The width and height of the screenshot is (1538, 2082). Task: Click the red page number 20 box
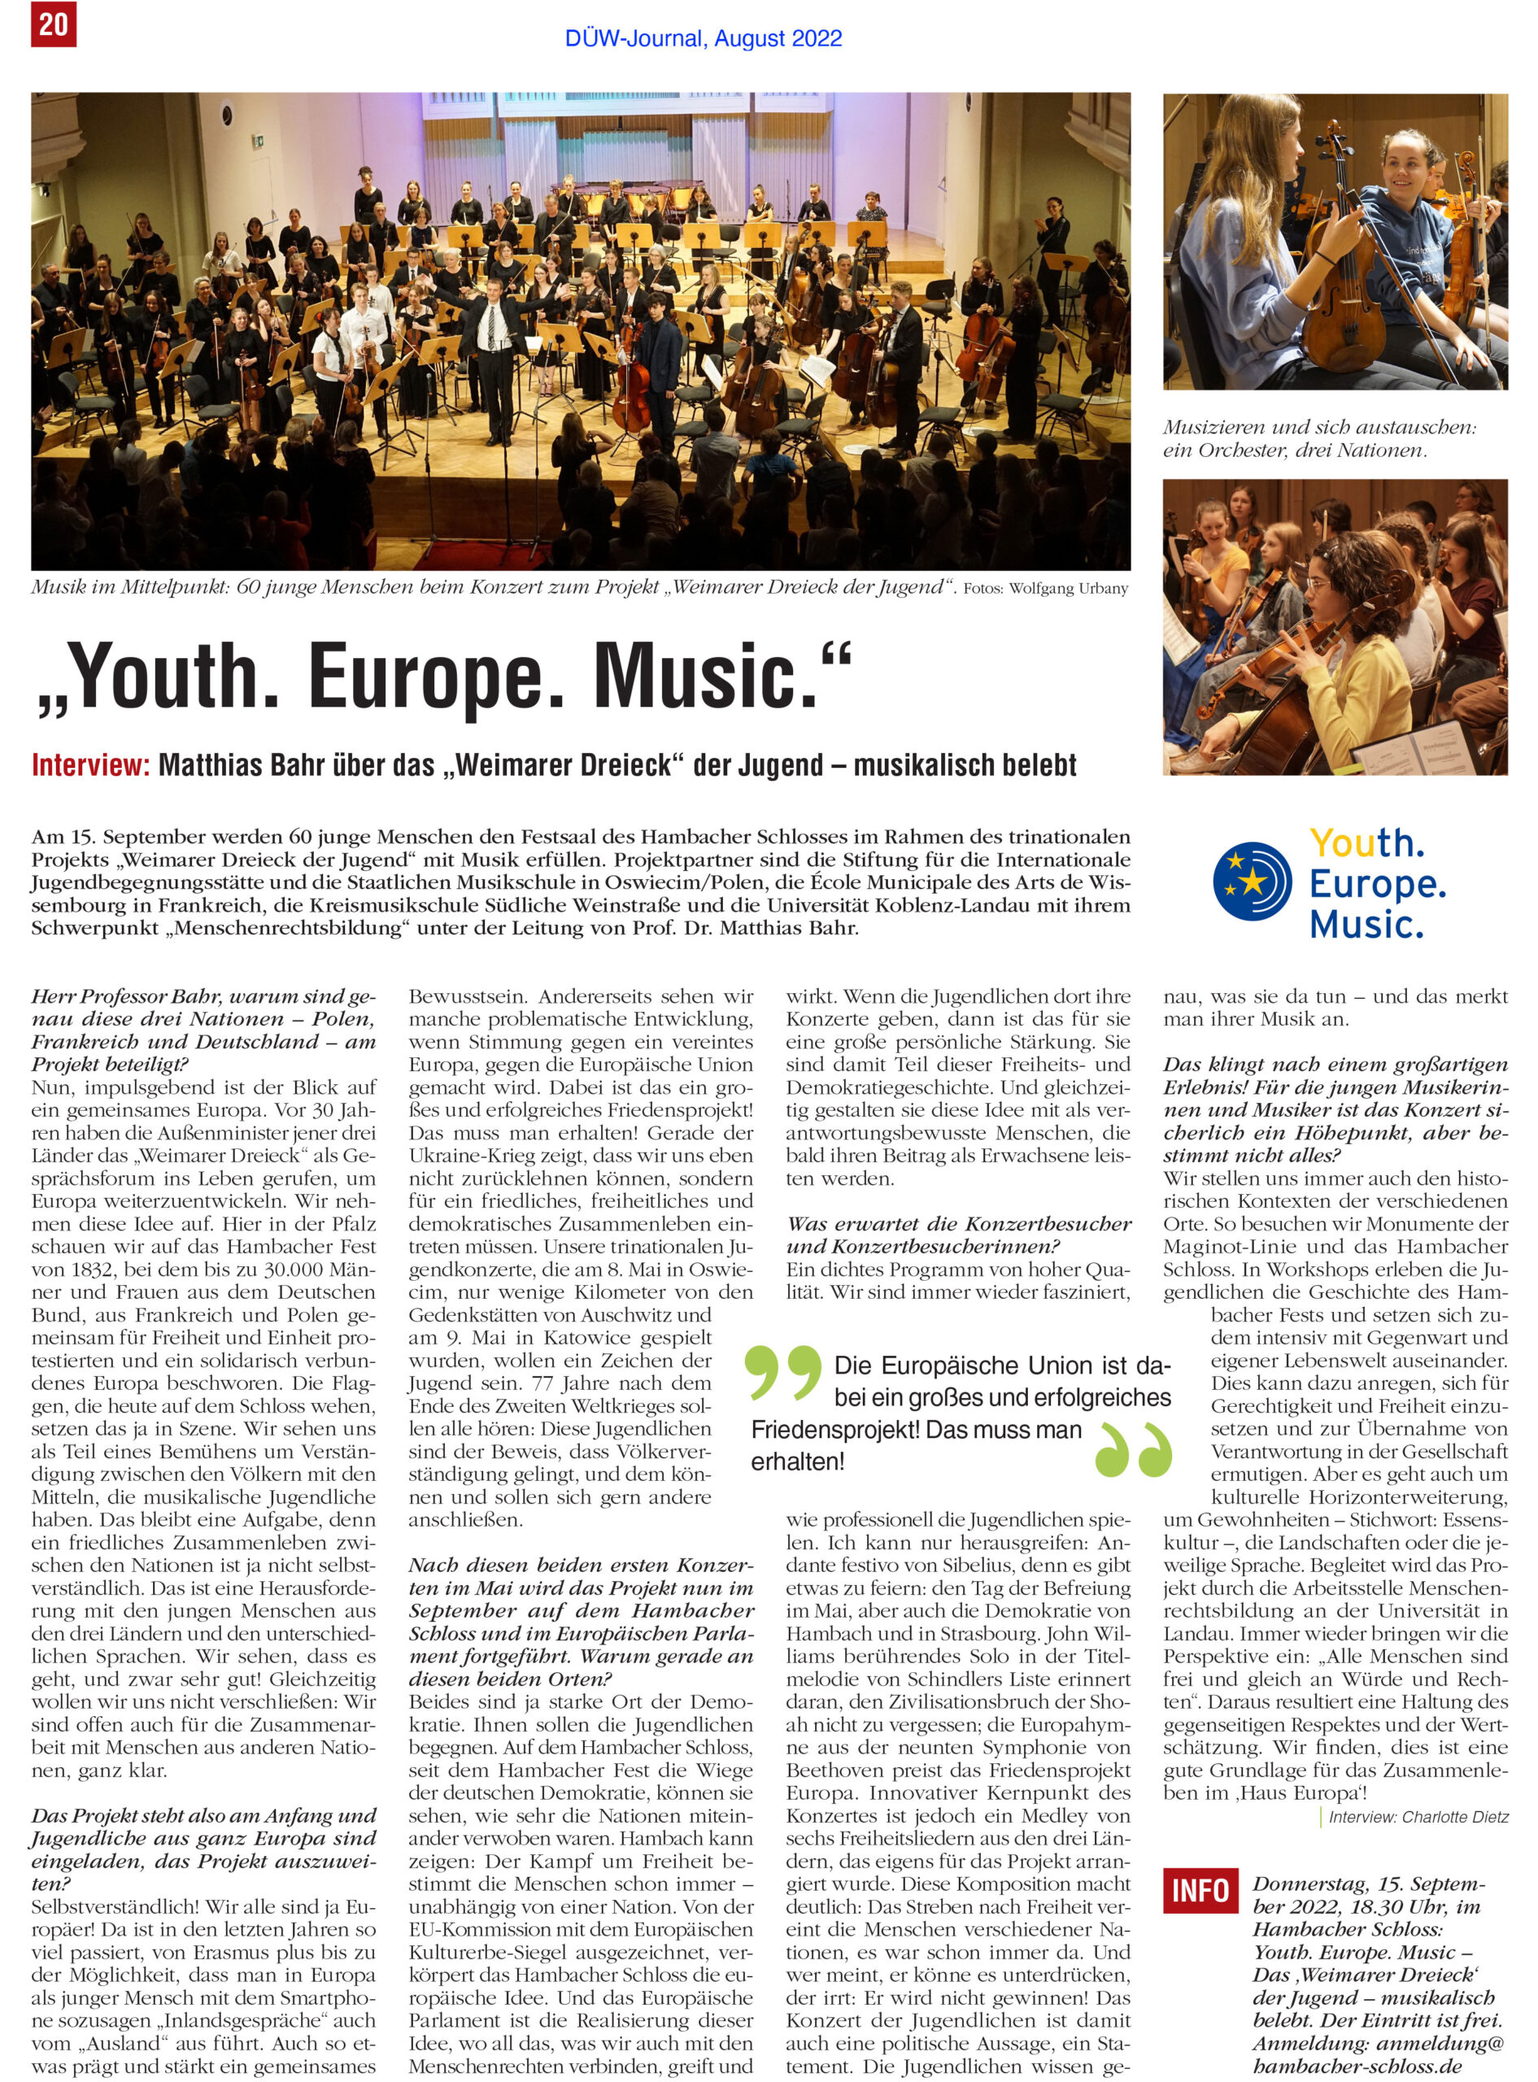tap(52, 24)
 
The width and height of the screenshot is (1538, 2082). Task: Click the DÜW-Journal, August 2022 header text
tap(703, 39)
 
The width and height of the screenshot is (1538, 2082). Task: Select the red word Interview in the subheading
tap(90, 765)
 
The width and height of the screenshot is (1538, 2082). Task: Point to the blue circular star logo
tap(1251, 882)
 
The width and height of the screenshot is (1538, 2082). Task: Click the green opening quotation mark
tap(785, 1372)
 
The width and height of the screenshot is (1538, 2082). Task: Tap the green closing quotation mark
tap(1132, 1449)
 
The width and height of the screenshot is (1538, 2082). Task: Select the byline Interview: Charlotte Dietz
tap(1418, 1817)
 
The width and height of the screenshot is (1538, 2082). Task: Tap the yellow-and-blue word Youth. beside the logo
tap(1366, 843)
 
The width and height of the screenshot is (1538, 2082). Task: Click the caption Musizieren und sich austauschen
tap(1318, 427)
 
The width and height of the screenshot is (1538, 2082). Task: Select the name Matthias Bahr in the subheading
tap(226, 765)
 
